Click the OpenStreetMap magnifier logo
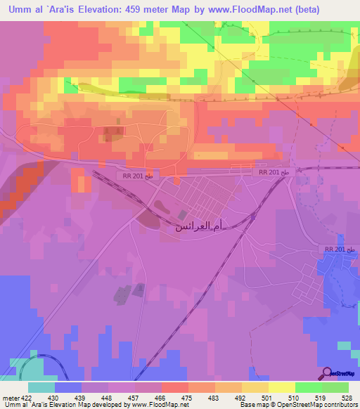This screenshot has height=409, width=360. point(328,373)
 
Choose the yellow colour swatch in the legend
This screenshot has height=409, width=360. point(281,387)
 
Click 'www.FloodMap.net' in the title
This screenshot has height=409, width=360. point(238,10)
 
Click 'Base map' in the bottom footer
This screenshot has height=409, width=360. point(252,405)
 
